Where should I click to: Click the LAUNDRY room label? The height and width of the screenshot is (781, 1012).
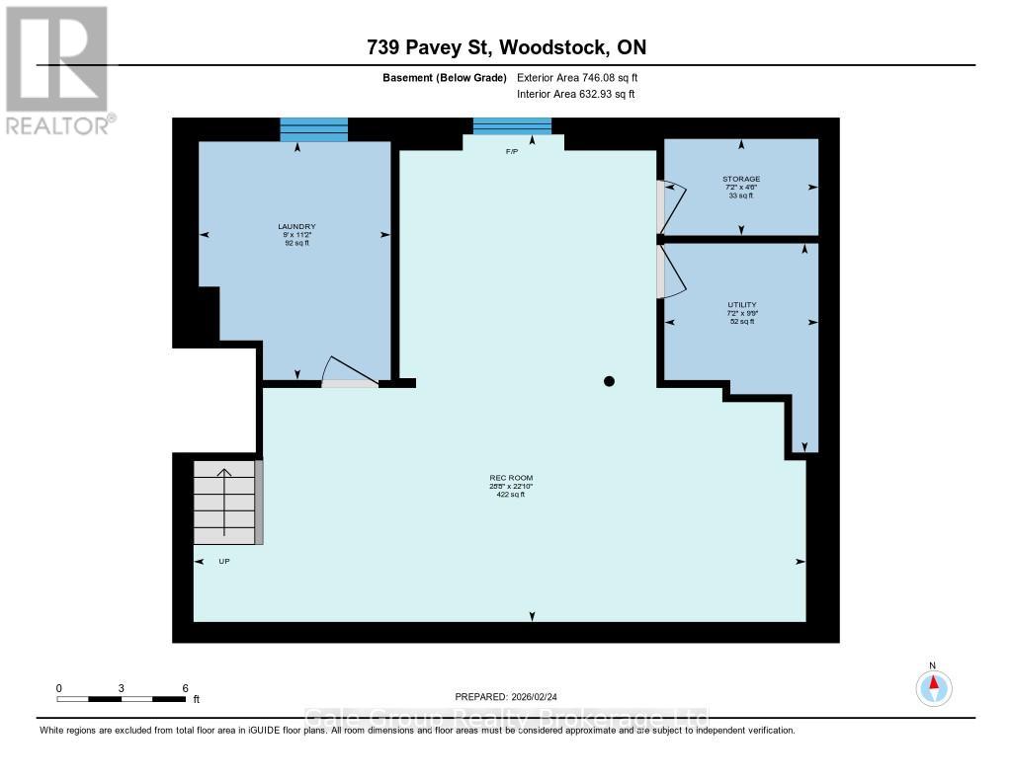[296, 226]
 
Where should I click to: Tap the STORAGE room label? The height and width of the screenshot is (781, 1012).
[740, 179]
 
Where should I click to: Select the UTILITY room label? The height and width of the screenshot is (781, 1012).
[740, 305]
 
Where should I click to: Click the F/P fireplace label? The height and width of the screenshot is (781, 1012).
[512, 152]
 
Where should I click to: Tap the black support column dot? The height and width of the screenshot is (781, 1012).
[610, 381]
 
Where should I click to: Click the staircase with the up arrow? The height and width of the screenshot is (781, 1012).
[225, 502]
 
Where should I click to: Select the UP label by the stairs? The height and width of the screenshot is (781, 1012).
[224, 561]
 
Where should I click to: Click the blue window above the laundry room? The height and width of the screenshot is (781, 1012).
[314, 129]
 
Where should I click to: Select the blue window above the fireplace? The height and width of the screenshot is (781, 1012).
[512, 125]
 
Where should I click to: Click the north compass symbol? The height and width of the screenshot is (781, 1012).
[932, 685]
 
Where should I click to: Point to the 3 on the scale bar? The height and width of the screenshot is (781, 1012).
[122, 687]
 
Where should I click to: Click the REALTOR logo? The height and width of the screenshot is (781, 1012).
[58, 69]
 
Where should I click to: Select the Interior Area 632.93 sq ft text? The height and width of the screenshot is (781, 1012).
[575, 94]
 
